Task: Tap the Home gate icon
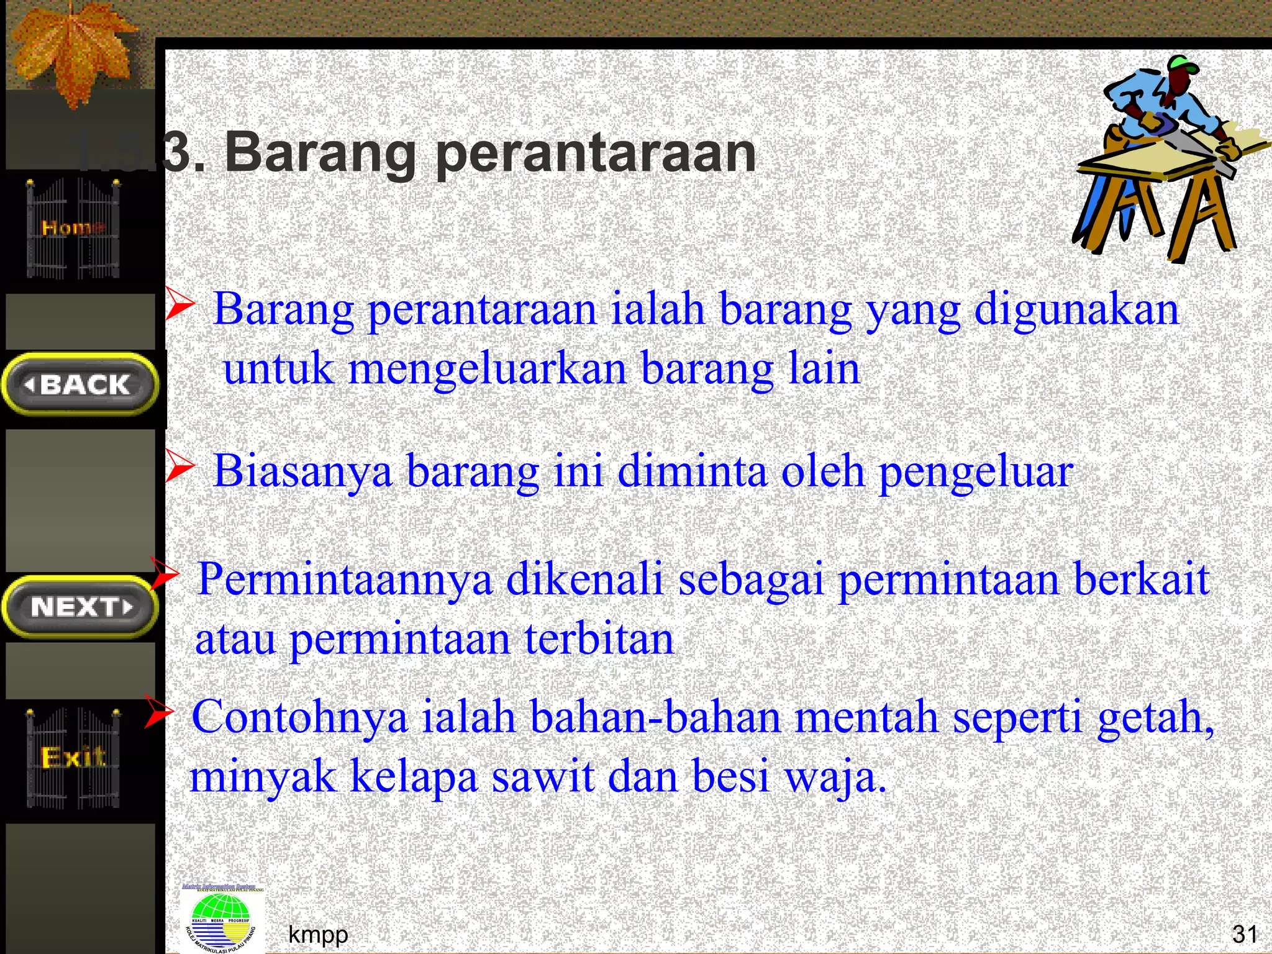[73, 228]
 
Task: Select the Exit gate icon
[73, 757]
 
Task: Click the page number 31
[1245, 934]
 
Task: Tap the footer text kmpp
[318, 934]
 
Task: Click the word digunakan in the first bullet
[1076, 309]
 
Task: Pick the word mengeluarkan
[487, 368]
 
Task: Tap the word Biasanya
[302, 470]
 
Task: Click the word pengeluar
[976, 471]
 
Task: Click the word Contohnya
[299, 717]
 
